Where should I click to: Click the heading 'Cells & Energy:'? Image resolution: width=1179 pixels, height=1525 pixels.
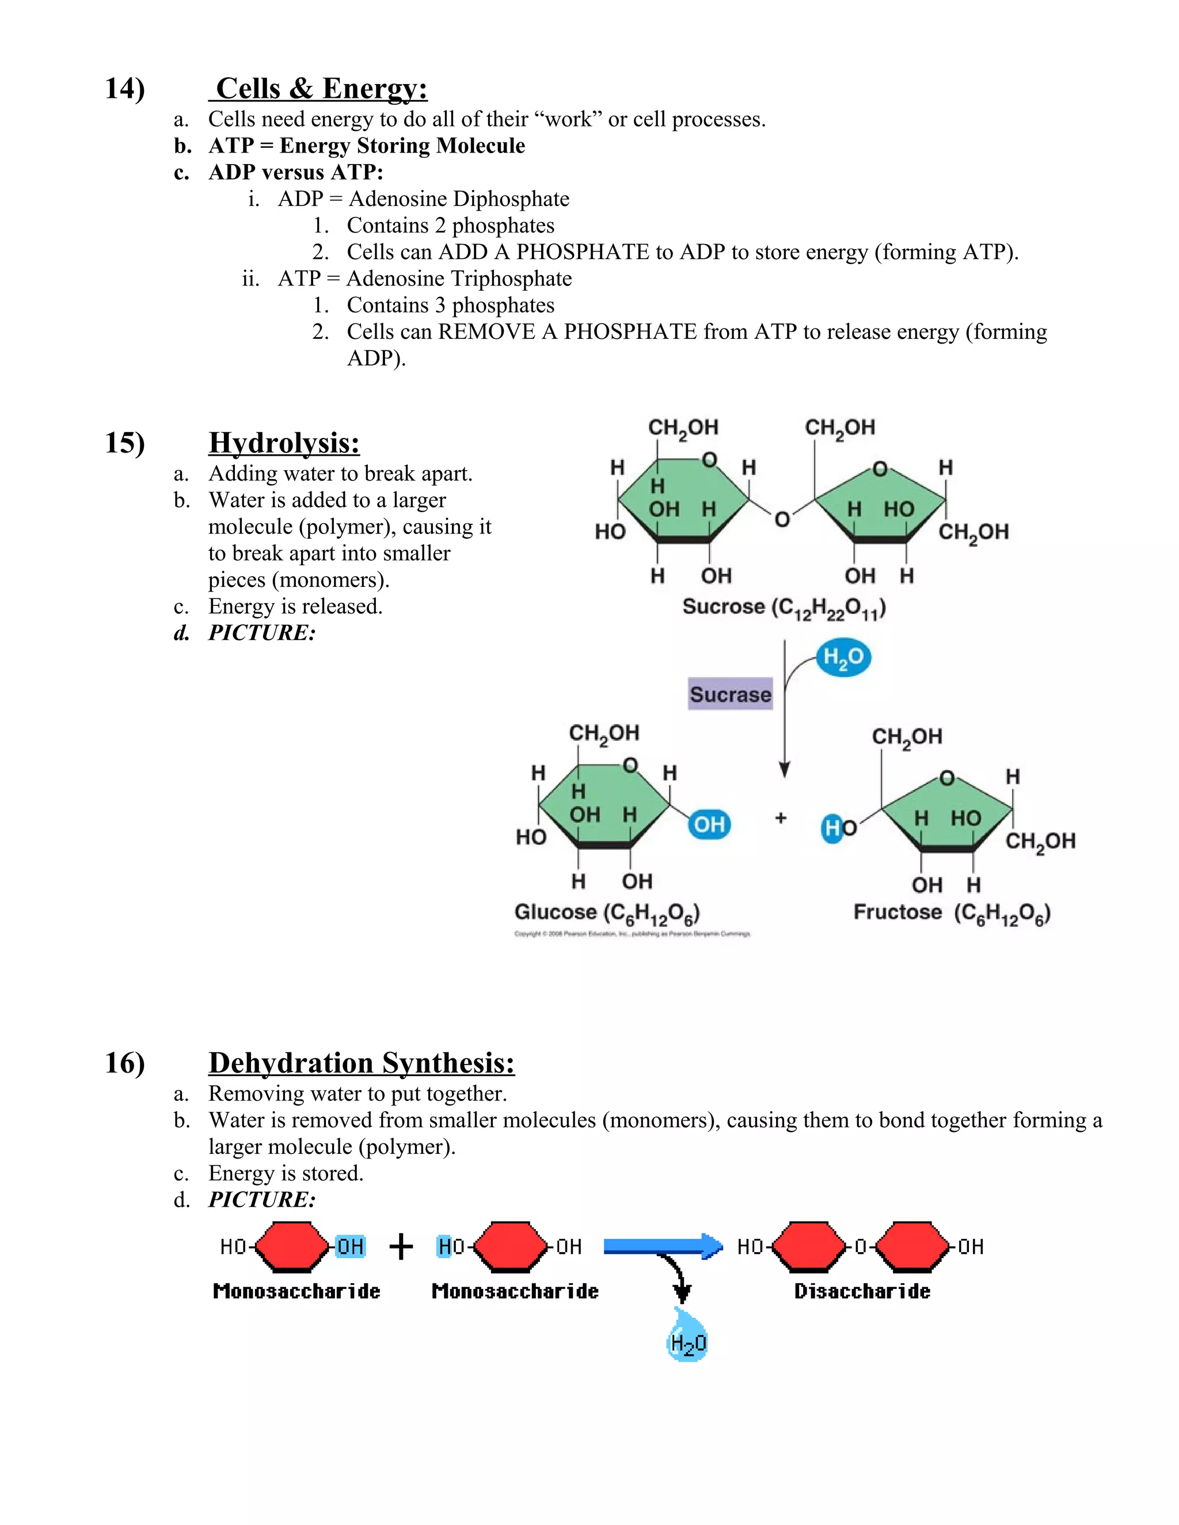[321, 89]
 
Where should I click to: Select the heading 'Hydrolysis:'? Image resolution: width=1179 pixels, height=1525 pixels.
[284, 443]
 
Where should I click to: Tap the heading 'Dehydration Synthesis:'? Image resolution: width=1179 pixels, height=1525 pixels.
[361, 1063]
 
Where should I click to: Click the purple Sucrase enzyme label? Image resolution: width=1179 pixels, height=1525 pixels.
[730, 694]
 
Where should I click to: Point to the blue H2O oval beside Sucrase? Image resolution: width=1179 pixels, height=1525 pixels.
[843, 658]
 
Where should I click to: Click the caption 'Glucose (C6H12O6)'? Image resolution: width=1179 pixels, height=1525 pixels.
[607, 913]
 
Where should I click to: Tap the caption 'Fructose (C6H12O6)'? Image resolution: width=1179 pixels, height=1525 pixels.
[951, 913]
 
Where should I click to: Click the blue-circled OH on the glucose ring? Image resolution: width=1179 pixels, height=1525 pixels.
[709, 825]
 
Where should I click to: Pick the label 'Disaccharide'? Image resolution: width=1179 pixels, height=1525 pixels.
[862, 1291]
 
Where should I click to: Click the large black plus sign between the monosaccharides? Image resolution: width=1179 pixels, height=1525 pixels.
[401, 1246]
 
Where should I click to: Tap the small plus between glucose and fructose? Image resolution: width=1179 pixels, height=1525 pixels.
[781, 818]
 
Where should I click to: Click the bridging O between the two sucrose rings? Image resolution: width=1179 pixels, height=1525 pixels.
[782, 519]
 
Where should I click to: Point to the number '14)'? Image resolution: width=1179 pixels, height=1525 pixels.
[125, 89]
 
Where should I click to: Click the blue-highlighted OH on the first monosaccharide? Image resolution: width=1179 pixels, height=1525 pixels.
[350, 1246]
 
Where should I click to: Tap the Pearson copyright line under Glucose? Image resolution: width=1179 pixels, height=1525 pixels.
[632, 933]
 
